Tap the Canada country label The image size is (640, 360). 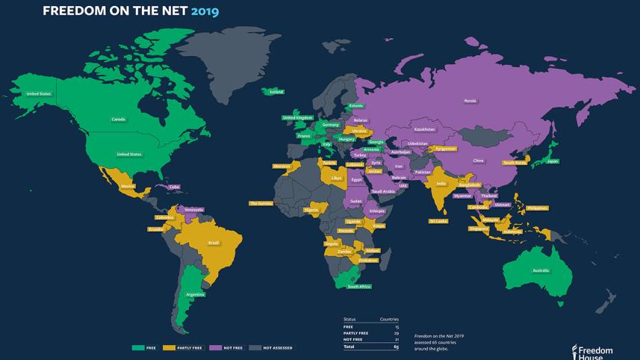(x=118, y=120)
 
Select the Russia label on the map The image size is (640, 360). (x=470, y=100)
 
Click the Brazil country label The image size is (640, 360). (x=213, y=243)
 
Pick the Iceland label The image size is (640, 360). (x=276, y=92)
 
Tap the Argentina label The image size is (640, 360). (x=196, y=294)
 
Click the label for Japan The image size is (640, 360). (x=553, y=161)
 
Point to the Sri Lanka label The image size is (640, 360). (x=438, y=221)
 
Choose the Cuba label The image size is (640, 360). (x=174, y=187)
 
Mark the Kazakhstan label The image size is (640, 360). (x=424, y=129)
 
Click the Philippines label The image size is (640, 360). (x=537, y=208)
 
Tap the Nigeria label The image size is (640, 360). (x=311, y=210)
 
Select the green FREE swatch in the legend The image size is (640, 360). (x=137, y=347)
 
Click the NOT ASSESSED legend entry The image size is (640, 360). (x=276, y=347)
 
